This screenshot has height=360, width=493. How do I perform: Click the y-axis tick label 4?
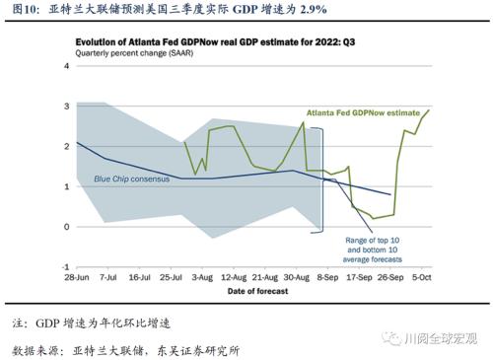(67, 65)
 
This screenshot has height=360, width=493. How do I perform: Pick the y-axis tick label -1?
(65, 267)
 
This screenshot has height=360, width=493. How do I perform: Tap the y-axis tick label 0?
(67, 227)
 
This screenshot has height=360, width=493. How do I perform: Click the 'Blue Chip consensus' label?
(131, 180)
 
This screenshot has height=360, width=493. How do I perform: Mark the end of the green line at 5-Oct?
(428, 109)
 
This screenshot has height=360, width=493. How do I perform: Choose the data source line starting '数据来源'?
(125, 349)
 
